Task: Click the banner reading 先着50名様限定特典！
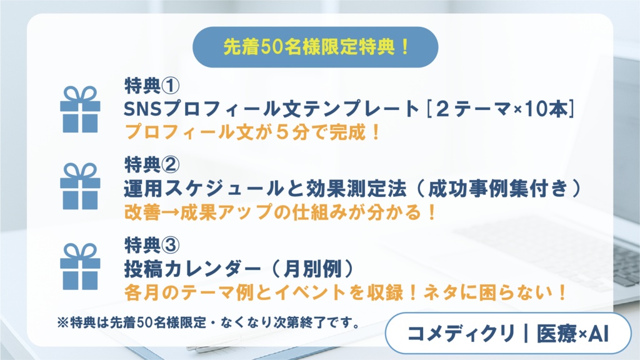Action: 316,47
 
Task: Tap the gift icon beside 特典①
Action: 80,109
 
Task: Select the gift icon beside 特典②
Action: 80,186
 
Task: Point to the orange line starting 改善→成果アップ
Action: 281,211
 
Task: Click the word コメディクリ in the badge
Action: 459,333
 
